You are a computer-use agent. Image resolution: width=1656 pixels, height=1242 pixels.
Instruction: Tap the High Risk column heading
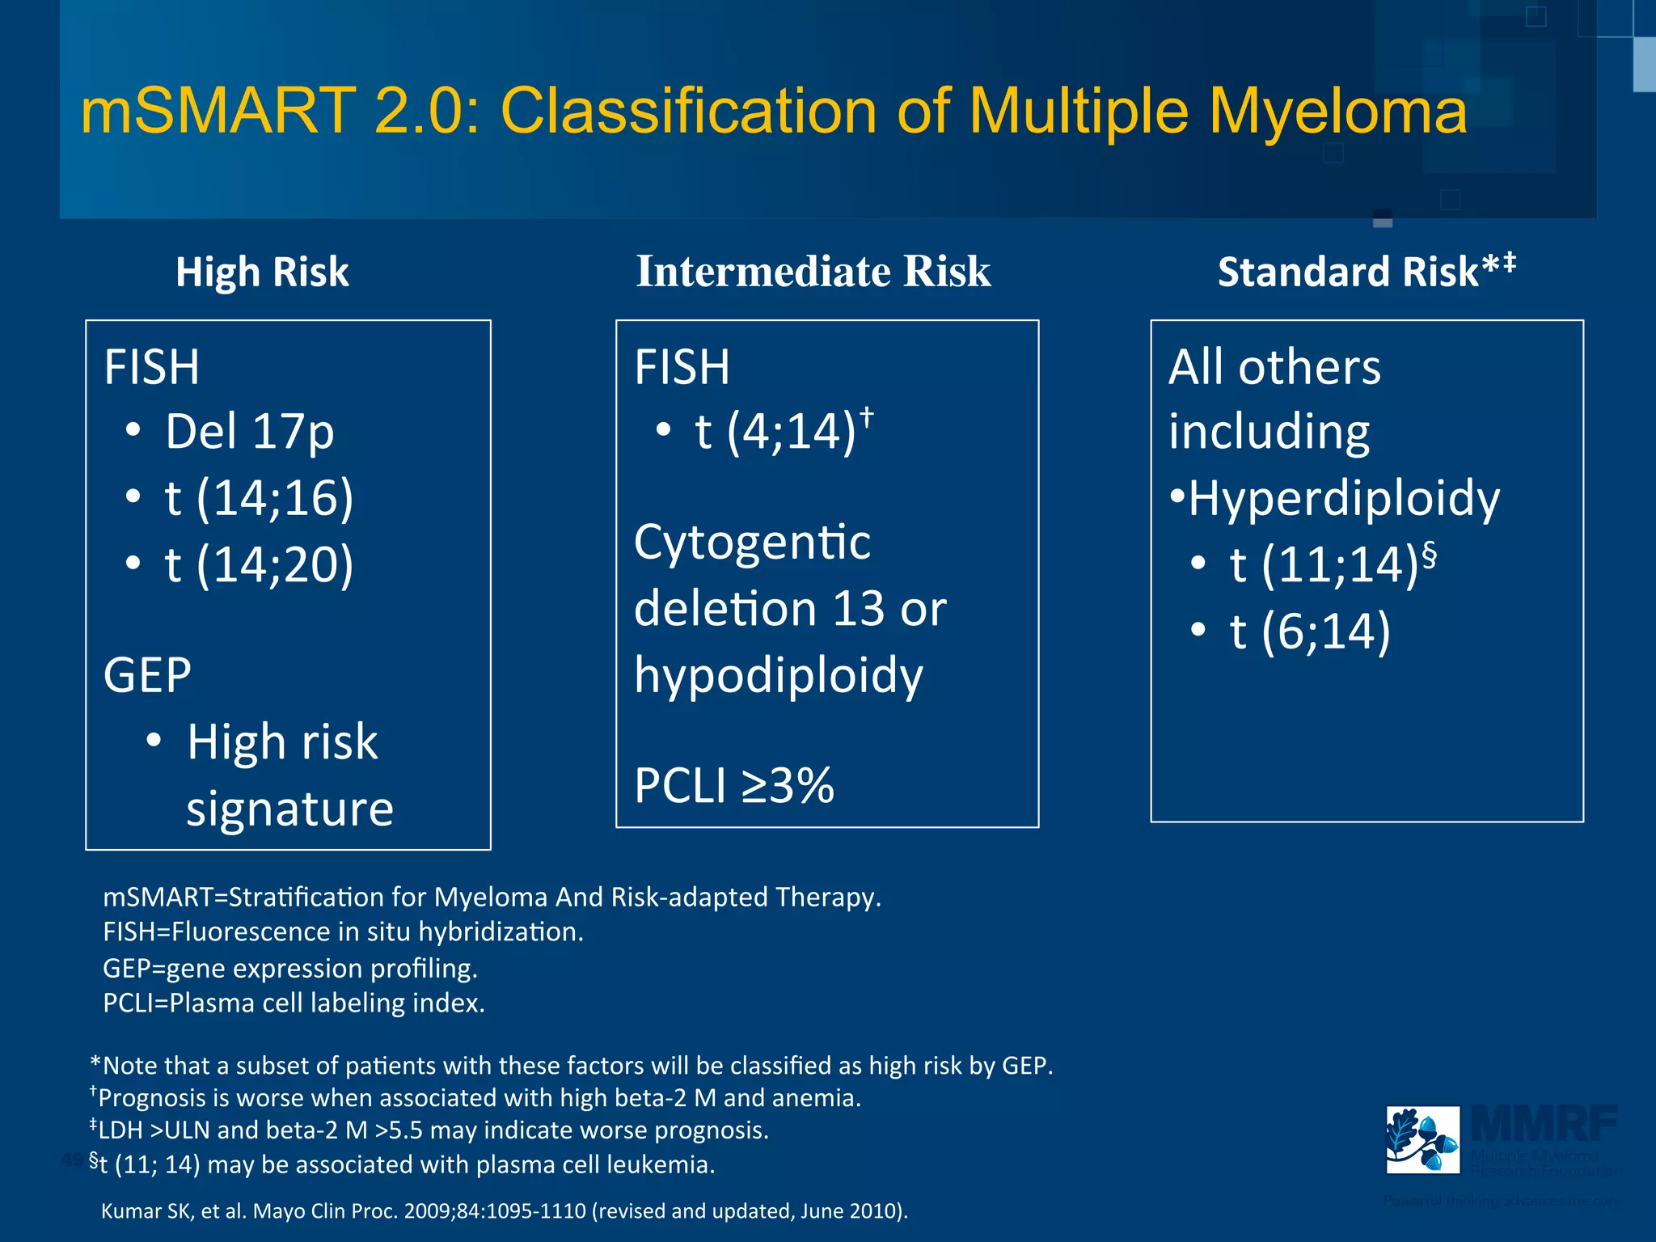(x=262, y=272)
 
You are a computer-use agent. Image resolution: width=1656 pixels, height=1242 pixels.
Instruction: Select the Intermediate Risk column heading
(x=813, y=271)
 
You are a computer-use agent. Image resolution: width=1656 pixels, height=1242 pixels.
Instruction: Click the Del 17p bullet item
(x=249, y=432)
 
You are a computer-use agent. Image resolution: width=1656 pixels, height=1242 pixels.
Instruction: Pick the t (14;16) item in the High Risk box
(x=259, y=497)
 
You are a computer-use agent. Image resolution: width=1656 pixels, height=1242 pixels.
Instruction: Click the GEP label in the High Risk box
(x=147, y=675)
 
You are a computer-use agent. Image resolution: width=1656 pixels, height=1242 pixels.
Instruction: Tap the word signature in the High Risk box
(x=289, y=809)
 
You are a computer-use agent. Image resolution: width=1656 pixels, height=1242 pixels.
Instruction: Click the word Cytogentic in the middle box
(x=752, y=542)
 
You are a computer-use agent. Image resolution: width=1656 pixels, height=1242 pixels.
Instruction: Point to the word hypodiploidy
(x=778, y=675)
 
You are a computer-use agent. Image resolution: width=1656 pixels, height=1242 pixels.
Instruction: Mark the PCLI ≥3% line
(x=733, y=785)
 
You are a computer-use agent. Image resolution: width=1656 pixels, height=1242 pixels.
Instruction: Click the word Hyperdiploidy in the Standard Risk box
(x=1343, y=498)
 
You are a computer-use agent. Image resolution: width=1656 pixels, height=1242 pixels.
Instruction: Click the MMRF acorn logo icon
(x=1422, y=1139)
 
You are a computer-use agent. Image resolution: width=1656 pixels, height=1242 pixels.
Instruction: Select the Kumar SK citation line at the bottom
(x=505, y=1210)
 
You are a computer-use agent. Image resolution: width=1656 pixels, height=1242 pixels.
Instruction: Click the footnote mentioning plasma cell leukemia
(x=403, y=1164)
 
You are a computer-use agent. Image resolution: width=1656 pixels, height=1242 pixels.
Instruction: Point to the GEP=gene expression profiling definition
(x=290, y=968)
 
